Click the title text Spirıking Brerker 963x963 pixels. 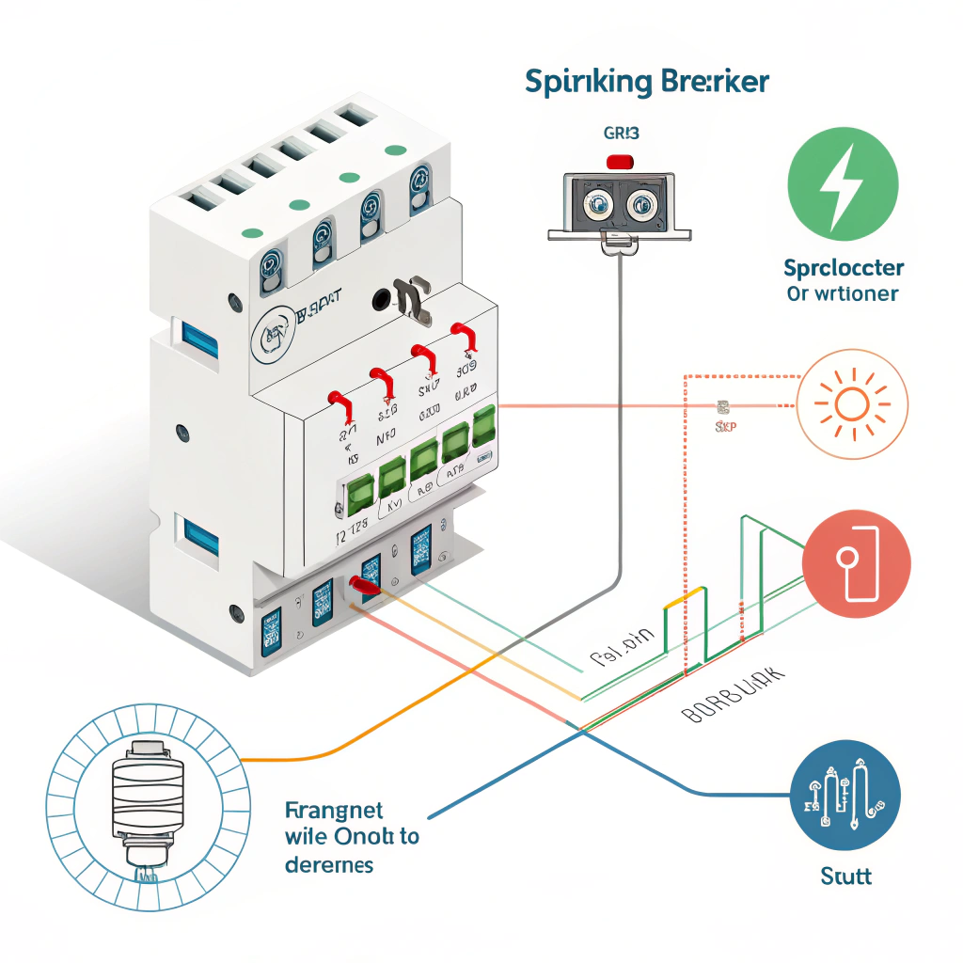[x=647, y=82]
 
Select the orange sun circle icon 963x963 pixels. [x=852, y=403]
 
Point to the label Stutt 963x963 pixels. [x=845, y=876]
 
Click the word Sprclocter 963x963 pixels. [x=843, y=268]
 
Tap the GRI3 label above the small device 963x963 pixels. [x=620, y=134]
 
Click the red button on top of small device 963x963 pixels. [x=621, y=162]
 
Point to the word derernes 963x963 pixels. [x=328, y=863]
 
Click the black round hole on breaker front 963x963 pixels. [x=382, y=300]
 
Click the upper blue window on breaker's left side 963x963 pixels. [x=199, y=338]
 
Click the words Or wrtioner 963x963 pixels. [x=842, y=293]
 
